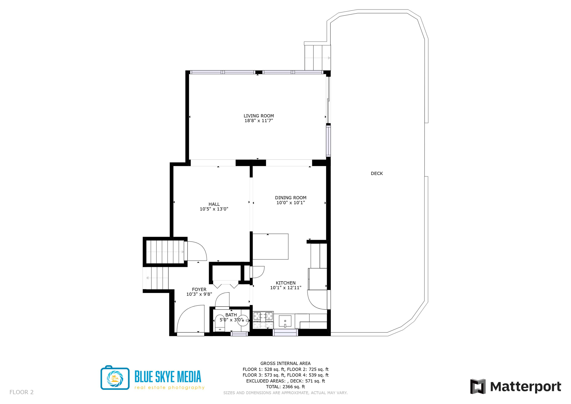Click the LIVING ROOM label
[258, 116]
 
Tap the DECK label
[376, 174]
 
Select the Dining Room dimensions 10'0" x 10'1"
[291, 203]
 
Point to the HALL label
[214, 204]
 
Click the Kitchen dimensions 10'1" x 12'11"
[285, 288]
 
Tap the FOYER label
[199, 289]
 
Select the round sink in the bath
[243, 321]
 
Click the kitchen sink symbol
[285, 321]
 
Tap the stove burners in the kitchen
[263, 316]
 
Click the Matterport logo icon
[478, 386]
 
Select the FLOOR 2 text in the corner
[21, 392]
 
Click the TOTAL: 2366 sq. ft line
[285, 387]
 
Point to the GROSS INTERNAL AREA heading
[285, 363]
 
